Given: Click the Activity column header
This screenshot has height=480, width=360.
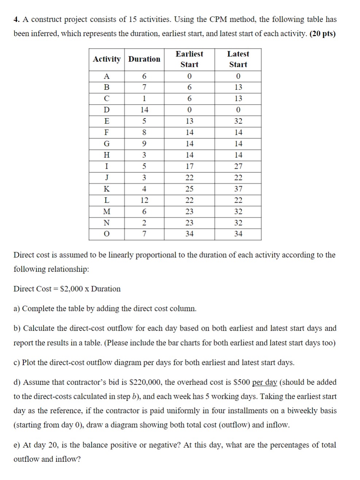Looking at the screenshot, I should coord(107,59).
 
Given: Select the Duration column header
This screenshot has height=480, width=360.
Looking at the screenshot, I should coord(144,59).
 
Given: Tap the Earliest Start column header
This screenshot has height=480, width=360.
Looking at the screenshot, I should coord(189,59).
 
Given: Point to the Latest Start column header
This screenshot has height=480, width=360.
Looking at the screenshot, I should coord(238,59).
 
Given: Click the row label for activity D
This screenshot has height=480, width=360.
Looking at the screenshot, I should coord(107,110).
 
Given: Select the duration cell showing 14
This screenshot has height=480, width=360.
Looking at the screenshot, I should coord(144,110).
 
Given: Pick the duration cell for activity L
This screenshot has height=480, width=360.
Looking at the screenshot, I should coord(144,200).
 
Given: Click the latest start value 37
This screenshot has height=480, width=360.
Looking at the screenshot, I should coord(238,189).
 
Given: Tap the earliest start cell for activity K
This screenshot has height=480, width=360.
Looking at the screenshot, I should coord(189,189).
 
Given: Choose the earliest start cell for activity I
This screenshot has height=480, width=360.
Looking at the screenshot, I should coord(189,166).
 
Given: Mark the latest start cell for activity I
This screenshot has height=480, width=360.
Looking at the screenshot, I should coord(238,166).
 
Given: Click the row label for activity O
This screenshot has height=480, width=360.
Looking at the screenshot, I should coord(107,234).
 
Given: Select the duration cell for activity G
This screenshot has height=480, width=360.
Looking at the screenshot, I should coord(144,144).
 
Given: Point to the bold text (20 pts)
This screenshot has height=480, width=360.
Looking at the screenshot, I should coord(322,34).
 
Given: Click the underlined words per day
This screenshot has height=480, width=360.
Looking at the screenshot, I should coord(264,382).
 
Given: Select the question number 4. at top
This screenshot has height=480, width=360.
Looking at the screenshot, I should coord(16,19).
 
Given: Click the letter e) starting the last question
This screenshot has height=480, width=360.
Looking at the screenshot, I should coord(17,445).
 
